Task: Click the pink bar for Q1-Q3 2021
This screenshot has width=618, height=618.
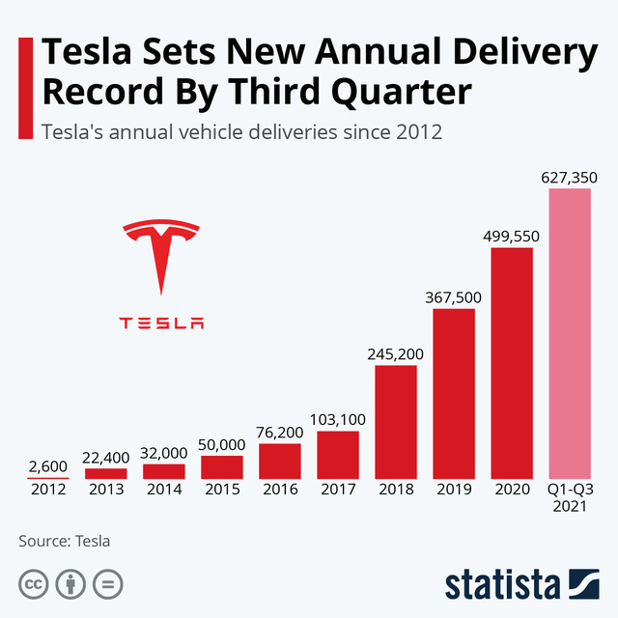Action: pyautogui.click(x=570, y=333)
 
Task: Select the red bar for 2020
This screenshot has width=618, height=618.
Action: pyautogui.click(x=512, y=363)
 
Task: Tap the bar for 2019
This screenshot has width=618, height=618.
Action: pyautogui.click(x=454, y=394)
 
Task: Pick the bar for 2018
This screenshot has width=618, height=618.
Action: pyautogui.click(x=396, y=422)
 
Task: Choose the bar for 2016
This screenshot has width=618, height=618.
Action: pyautogui.click(x=280, y=462)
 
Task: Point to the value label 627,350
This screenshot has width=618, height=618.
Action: pyautogui.click(x=570, y=177)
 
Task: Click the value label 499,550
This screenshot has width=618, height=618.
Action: pyautogui.click(x=511, y=236)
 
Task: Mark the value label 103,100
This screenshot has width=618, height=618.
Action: pyautogui.click(x=338, y=419)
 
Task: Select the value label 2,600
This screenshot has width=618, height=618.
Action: pyautogui.click(x=47, y=465)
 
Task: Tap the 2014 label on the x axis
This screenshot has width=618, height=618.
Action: pyautogui.click(x=164, y=489)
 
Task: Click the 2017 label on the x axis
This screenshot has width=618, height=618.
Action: pyautogui.click(x=338, y=489)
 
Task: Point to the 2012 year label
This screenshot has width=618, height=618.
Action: pyautogui.click(x=48, y=489)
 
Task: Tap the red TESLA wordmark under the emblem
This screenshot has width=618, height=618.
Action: pyautogui.click(x=161, y=323)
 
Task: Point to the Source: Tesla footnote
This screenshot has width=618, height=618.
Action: pyautogui.click(x=65, y=541)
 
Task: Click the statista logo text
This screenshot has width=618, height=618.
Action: pyautogui.click(x=502, y=584)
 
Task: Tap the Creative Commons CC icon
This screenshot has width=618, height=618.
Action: pyautogui.click(x=34, y=584)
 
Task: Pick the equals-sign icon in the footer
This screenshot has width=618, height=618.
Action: pyautogui.click(x=107, y=584)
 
